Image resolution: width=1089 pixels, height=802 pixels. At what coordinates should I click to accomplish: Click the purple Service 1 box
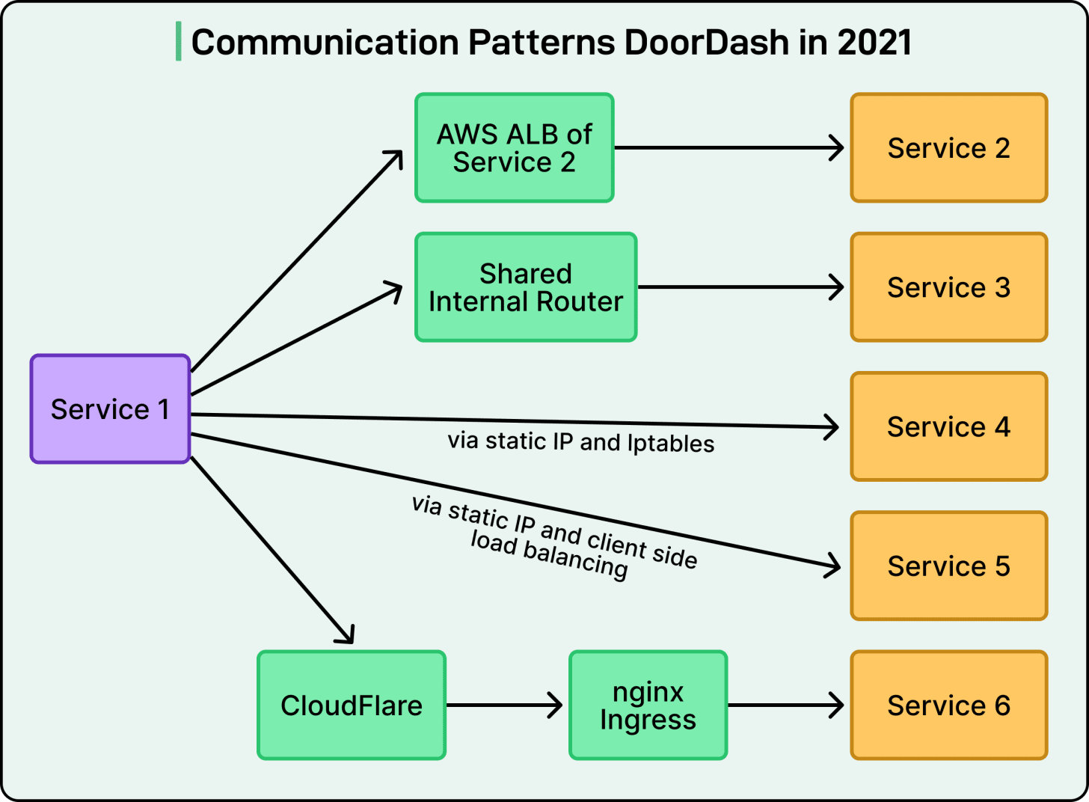[110, 408]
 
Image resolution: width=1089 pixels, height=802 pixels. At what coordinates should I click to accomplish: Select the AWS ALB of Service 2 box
[515, 148]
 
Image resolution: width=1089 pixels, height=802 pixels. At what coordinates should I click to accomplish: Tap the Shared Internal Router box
[526, 287]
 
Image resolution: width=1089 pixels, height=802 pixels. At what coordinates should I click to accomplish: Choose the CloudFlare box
[352, 705]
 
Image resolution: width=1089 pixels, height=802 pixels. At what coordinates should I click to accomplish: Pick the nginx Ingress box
[648, 705]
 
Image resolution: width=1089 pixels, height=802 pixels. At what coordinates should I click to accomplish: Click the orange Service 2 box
[949, 148]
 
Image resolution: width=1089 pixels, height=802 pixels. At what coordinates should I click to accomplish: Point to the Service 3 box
[949, 287]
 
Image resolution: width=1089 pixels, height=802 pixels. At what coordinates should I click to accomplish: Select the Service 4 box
[949, 426]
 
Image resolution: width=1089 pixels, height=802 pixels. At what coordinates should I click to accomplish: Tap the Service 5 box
[949, 566]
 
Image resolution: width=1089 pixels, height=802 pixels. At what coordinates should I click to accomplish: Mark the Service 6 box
[949, 705]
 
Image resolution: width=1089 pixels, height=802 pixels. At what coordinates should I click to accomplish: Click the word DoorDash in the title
[706, 43]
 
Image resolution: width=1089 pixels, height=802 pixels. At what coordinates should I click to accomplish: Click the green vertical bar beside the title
[179, 41]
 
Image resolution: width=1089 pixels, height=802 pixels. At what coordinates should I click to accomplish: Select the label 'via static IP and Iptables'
[581, 442]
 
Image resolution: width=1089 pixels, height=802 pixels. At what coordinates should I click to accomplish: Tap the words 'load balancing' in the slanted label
[549, 555]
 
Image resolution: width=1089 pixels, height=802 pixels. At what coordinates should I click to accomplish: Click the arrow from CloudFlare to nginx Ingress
[504, 705]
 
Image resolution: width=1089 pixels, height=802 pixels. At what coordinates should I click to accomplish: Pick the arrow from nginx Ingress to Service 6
[785, 705]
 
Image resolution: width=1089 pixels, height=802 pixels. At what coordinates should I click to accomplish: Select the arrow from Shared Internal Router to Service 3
[740, 287]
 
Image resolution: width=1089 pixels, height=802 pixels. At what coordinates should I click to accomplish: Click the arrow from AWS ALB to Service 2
[728, 148]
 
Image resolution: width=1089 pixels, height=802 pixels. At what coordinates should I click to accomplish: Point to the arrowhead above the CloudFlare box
[346, 634]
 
